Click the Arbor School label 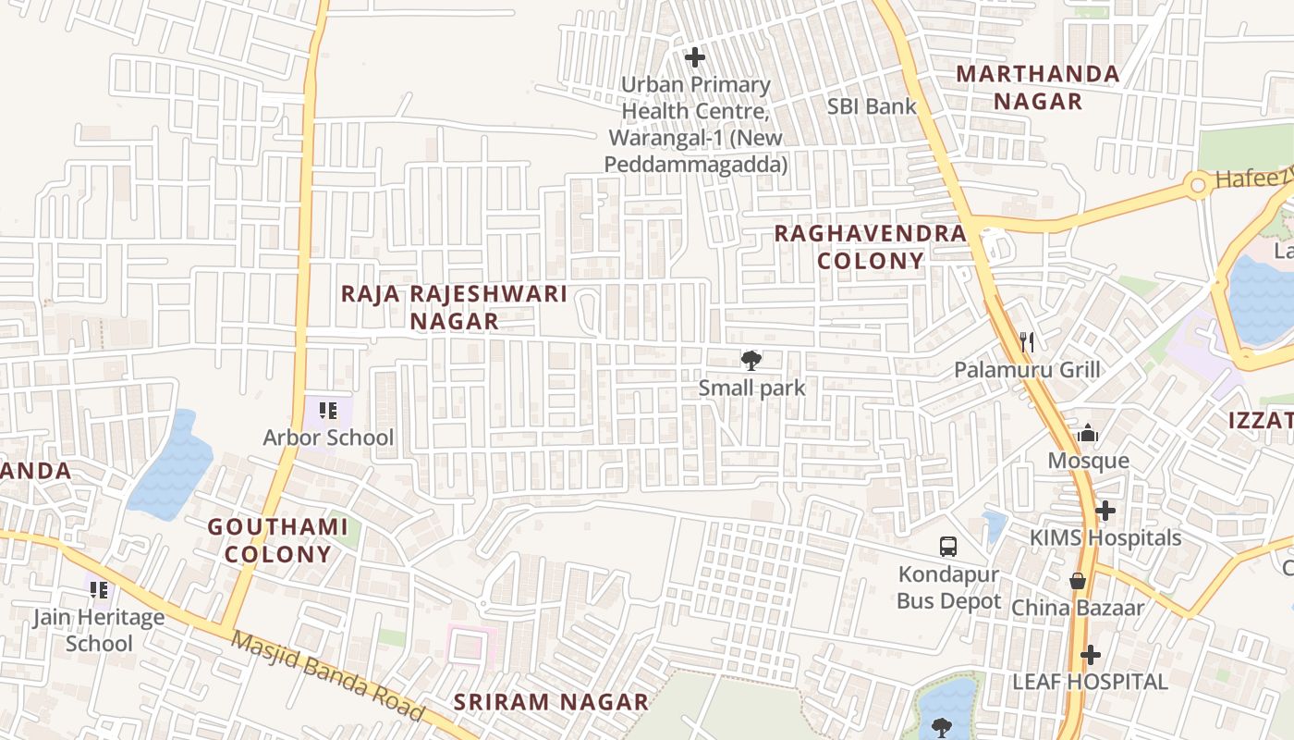click(x=328, y=438)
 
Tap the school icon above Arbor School click(x=327, y=411)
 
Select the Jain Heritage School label click(x=99, y=630)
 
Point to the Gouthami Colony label click(x=277, y=540)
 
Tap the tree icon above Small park click(x=751, y=361)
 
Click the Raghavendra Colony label click(x=870, y=246)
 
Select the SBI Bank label click(x=872, y=106)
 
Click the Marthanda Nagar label click(x=1037, y=87)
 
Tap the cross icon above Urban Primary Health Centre click(x=694, y=58)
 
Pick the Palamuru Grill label click(x=1027, y=371)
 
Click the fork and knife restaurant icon click(x=1026, y=342)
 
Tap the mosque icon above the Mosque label click(x=1088, y=433)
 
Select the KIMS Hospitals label click(x=1105, y=537)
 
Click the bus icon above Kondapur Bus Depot click(x=948, y=547)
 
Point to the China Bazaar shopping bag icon click(x=1078, y=581)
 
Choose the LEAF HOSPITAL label click(x=1090, y=682)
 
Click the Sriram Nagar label click(x=551, y=702)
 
